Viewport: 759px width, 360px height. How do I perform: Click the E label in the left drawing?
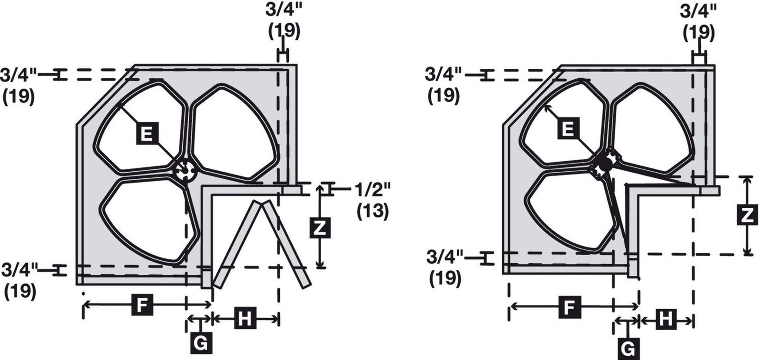coord(147,134)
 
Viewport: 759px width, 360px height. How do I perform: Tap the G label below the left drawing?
coord(202,343)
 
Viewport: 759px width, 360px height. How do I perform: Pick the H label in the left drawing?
coord(245,318)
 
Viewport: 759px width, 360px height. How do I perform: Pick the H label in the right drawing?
coord(666,319)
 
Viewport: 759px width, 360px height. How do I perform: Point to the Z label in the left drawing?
coord(320,228)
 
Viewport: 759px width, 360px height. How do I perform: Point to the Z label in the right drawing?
coord(748,215)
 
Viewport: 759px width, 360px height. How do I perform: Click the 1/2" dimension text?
coord(372,190)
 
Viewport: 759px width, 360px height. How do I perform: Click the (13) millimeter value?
coord(372,211)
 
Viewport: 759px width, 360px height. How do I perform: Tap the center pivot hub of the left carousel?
coord(185,170)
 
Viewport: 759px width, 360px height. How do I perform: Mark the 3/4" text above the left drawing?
coord(283,10)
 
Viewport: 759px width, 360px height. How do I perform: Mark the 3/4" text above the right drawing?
coord(698,12)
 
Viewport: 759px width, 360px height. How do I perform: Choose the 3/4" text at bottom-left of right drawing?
coord(444,257)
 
